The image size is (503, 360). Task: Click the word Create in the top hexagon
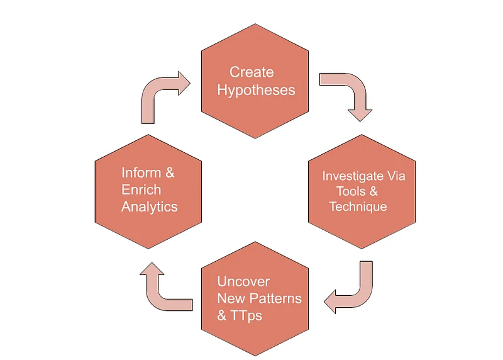(251, 72)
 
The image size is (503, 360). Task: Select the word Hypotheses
(256, 90)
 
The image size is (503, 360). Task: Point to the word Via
(396, 176)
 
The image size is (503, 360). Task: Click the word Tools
(351, 191)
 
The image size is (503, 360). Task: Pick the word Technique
(358, 207)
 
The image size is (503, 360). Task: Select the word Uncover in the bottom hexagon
(243, 281)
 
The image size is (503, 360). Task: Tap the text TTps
(246, 316)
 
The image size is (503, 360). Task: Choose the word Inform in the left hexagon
(141, 173)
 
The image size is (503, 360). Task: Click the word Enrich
(141, 190)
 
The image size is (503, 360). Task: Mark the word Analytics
(150, 207)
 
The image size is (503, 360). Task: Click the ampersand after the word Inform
(170, 173)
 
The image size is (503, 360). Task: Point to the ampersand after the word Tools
(373, 191)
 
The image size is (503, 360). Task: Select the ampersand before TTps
(222, 316)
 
